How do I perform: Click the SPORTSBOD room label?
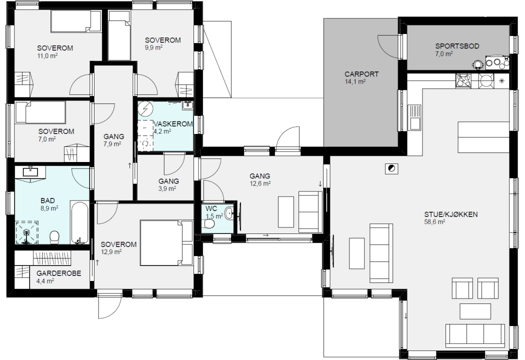click(x=457, y=46)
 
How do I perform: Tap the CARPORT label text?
click(x=361, y=74)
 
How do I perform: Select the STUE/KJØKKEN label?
click(x=450, y=214)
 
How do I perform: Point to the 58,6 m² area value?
click(x=434, y=222)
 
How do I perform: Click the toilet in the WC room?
click(x=209, y=223)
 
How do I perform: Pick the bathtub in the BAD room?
click(x=79, y=222)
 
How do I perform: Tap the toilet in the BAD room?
click(x=54, y=238)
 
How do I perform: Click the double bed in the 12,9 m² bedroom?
click(x=166, y=243)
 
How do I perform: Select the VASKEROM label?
click(x=173, y=124)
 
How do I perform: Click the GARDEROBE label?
click(x=59, y=273)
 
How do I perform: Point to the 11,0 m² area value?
click(x=47, y=56)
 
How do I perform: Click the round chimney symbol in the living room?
click(x=391, y=168)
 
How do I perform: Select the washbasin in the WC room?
click(x=229, y=213)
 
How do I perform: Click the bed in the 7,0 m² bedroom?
click(x=40, y=112)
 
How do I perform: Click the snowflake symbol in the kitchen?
click(x=501, y=80)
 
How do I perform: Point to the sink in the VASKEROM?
click(x=187, y=105)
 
